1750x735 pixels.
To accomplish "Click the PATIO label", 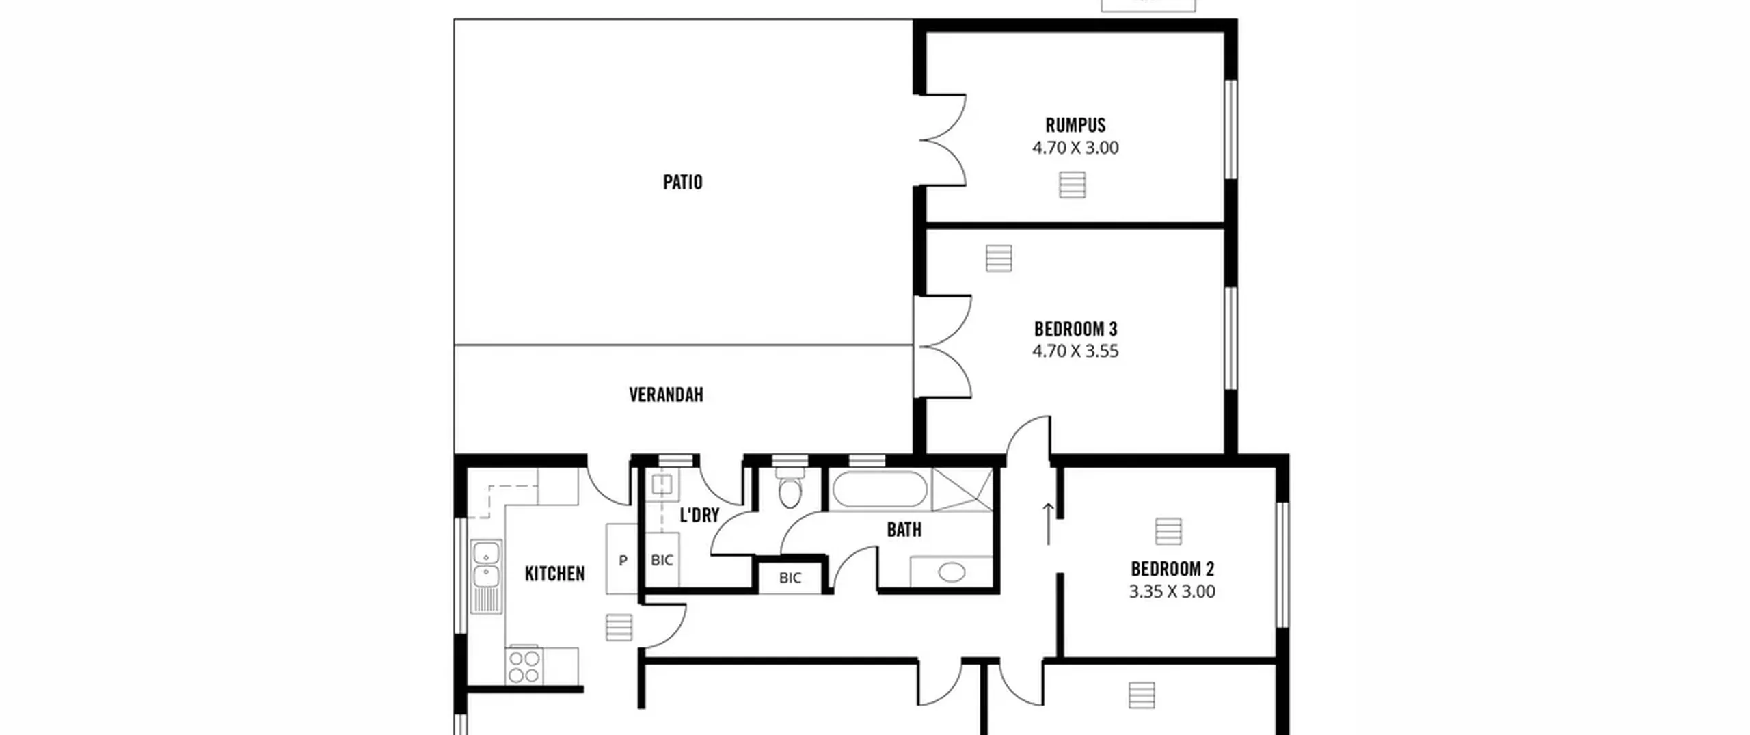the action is [682, 183].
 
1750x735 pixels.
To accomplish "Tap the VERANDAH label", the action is [666, 395].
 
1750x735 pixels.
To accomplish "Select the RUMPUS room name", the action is [1075, 126].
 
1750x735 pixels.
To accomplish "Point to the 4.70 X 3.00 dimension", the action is [1075, 148].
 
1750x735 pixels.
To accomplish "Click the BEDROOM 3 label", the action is [1075, 330].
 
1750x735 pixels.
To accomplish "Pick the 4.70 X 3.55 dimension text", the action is [1075, 351].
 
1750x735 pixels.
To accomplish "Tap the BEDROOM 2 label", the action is [1172, 570].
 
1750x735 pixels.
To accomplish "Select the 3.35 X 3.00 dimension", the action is [1172, 591].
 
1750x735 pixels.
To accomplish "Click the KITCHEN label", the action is [554, 574].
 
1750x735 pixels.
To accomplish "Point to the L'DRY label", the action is [699, 516].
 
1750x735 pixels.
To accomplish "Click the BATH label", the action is [904, 530].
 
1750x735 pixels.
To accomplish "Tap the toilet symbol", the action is [790, 487].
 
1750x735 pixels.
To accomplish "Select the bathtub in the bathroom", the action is [879, 489].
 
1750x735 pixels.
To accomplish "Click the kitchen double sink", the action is [486, 577].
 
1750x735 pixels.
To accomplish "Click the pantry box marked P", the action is [622, 559].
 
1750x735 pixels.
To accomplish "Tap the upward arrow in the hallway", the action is [1048, 524].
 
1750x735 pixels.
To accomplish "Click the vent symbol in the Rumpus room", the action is [1072, 185].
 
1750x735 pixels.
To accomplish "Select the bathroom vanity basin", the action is [952, 572].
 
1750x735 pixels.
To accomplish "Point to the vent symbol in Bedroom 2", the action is [1168, 531].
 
